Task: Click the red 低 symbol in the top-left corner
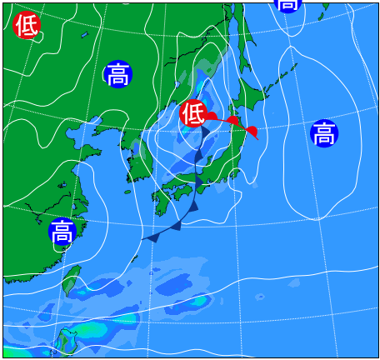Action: point(27,26)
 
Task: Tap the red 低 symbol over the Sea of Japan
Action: point(193,112)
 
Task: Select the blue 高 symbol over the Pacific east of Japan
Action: point(324,133)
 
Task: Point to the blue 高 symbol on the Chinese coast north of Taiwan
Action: point(62,231)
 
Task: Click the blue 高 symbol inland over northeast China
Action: point(118,74)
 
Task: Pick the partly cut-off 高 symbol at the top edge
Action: point(287,4)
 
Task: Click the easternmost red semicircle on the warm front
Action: point(252,131)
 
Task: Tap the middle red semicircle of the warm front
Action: point(232,122)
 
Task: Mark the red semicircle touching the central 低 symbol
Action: point(212,117)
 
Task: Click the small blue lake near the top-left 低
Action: point(84,35)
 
